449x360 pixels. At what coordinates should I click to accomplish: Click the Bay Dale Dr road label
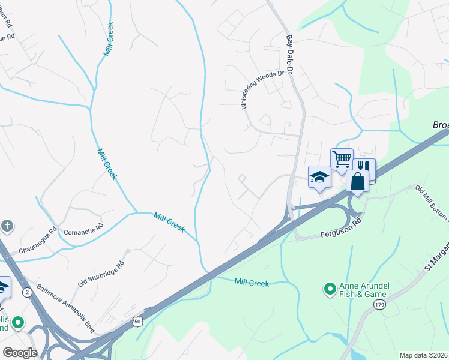coord(288,53)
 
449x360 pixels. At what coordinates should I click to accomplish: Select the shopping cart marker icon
coord(342,160)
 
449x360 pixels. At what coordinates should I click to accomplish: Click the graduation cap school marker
coord(319,176)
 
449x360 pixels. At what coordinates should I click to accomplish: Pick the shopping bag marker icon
coord(357,181)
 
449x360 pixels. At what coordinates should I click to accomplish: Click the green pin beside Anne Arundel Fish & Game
coord(329,290)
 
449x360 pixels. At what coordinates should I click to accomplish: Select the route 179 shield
coord(379,305)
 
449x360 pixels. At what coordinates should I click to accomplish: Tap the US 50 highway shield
coord(138,322)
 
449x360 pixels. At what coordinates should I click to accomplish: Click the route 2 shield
coord(27,292)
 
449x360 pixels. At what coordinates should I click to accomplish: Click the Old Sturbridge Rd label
coord(101,273)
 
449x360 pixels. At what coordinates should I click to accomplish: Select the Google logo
coord(20,353)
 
